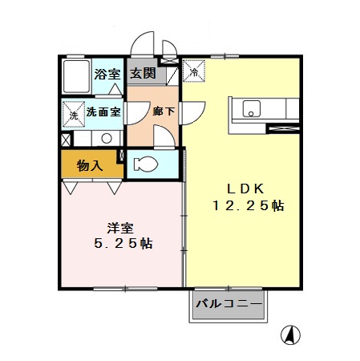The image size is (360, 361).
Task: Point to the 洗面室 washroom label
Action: click(103, 112)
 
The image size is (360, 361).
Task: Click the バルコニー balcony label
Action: click(229, 305)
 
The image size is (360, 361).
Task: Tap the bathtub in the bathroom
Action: click(77, 76)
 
